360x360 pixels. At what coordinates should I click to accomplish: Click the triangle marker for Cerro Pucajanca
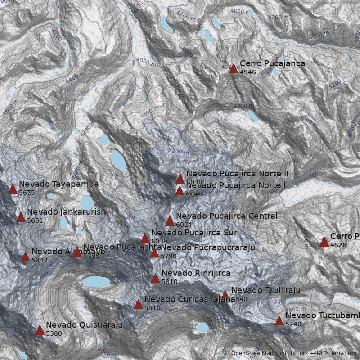(234, 68)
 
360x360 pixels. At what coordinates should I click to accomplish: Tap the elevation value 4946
(247, 72)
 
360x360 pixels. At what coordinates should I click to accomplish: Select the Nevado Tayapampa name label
(58, 184)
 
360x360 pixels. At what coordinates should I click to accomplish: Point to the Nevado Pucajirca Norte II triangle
(180, 179)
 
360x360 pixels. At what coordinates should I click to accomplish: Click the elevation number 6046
(194, 194)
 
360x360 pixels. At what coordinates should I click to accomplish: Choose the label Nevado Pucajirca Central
(226, 216)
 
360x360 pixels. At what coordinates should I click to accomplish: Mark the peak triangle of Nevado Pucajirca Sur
(145, 238)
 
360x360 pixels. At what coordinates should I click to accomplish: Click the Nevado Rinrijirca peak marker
(155, 278)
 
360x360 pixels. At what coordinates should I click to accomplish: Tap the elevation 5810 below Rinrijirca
(169, 282)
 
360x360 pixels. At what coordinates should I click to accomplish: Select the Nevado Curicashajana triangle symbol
(138, 304)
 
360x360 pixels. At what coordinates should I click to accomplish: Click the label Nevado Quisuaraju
(84, 325)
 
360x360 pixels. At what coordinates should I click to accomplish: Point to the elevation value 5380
(54, 333)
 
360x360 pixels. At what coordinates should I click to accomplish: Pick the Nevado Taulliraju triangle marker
(225, 294)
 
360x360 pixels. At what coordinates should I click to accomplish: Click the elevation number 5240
(293, 324)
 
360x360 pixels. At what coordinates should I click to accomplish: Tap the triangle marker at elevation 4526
(324, 242)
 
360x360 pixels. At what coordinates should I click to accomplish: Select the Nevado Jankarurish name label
(66, 212)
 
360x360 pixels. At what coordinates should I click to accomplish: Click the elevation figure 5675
(27, 193)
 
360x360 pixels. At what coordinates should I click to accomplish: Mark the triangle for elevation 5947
(25, 256)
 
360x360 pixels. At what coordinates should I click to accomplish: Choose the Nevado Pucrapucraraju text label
(207, 247)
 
